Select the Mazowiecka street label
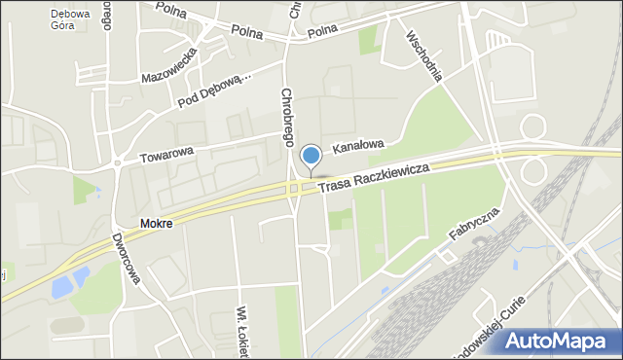(x=170, y=65)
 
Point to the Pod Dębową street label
(x=215, y=90)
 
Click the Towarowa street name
(x=166, y=152)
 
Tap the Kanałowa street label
(x=358, y=146)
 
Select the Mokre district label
(x=156, y=224)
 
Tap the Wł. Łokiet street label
(x=240, y=332)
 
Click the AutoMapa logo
(x=564, y=342)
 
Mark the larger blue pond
(x=62, y=285)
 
